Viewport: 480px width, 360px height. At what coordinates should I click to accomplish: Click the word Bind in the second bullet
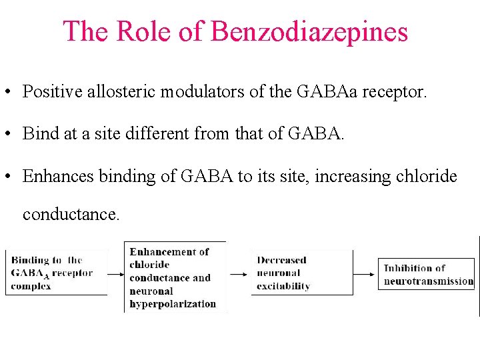pos(41,134)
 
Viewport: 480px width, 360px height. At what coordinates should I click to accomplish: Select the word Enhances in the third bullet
pos(58,176)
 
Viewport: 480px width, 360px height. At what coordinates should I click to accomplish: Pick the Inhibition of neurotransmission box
pos(427,274)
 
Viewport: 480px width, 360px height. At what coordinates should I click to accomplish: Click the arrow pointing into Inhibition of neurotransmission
pos(366,273)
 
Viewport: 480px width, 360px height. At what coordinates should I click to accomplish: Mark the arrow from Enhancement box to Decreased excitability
pos(238,273)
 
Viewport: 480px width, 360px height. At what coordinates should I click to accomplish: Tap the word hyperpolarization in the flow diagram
pos(173,303)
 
